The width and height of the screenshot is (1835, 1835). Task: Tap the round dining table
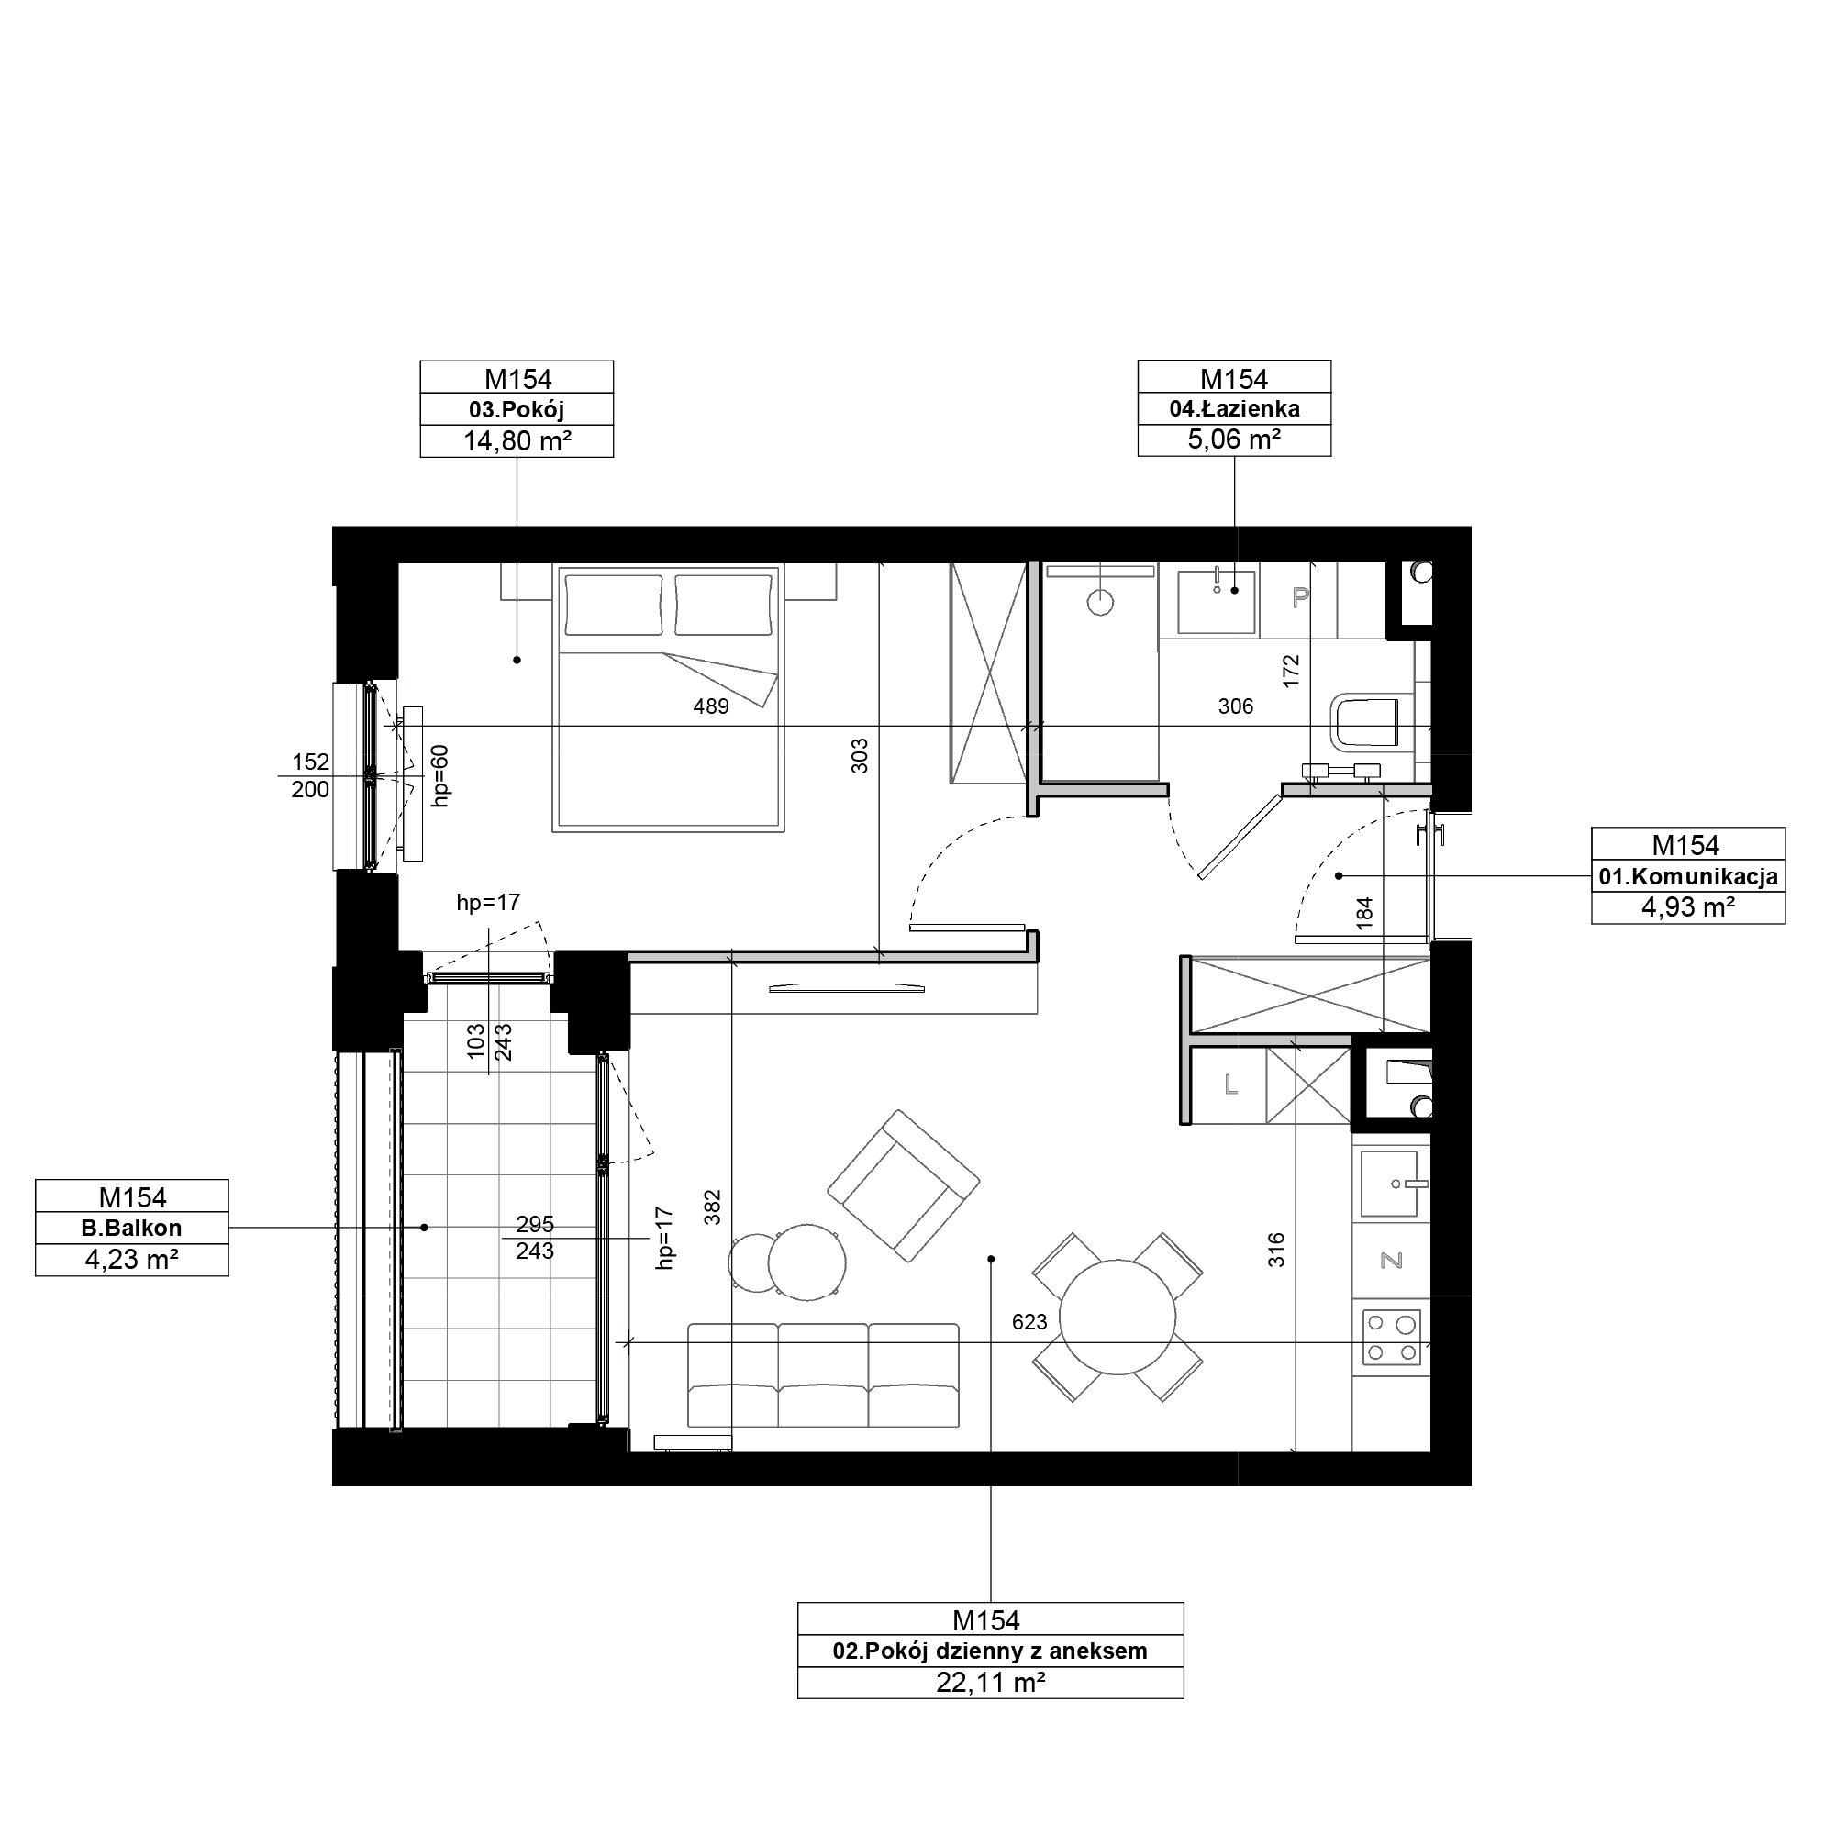(x=1118, y=1318)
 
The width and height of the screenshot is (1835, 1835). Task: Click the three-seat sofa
(x=822, y=1374)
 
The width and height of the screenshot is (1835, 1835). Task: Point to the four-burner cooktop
(x=1392, y=1338)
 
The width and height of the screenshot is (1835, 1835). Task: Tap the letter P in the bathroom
(x=1300, y=596)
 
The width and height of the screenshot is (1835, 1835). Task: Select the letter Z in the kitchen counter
(x=1392, y=1261)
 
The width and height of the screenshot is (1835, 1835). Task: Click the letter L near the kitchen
(x=1231, y=1084)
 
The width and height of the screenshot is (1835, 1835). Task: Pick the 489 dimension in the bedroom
(x=710, y=706)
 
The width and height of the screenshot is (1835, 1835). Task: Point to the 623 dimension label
(x=1029, y=1322)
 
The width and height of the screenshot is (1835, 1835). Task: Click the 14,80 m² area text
(x=517, y=440)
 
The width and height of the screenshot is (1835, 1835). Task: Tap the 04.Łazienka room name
(x=1234, y=409)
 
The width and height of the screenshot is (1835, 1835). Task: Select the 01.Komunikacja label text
(x=1688, y=876)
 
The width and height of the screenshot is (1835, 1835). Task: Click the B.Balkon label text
(x=131, y=1229)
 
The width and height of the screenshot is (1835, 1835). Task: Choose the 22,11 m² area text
(x=991, y=1683)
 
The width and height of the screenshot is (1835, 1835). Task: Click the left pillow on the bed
(x=614, y=604)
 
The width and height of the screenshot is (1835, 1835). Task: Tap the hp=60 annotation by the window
(x=439, y=776)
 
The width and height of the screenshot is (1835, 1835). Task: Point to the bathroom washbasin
(x=1216, y=601)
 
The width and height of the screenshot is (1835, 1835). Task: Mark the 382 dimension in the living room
(x=712, y=1207)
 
